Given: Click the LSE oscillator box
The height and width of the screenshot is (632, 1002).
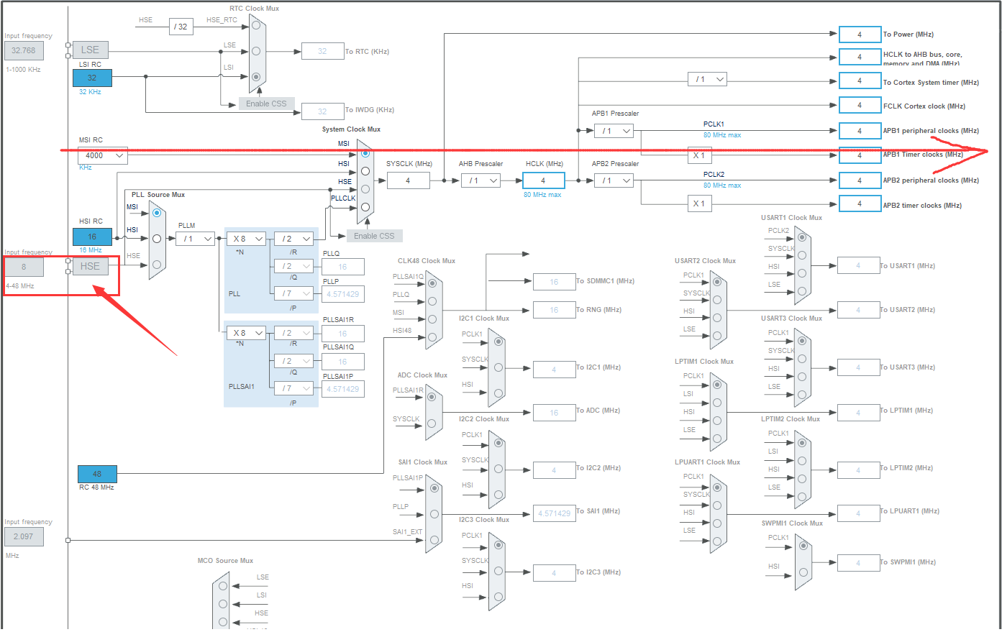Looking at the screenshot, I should [x=90, y=50].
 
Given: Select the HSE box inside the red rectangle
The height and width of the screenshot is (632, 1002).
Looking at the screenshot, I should [x=90, y=266].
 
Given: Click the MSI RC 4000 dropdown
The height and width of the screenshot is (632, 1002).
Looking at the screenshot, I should [x=102, y=155].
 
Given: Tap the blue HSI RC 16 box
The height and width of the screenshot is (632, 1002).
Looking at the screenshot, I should [x=92, y=237].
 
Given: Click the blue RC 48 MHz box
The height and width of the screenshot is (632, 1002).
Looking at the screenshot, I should [x=97, y=474].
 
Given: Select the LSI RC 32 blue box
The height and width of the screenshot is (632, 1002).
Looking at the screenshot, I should [x=92, y=78].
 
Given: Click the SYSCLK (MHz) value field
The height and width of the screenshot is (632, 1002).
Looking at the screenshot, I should [x=408, y=180].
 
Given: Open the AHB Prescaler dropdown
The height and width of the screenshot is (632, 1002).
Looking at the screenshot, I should [x=480, y=180].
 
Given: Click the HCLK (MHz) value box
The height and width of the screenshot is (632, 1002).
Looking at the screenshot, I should [x=543, y=180].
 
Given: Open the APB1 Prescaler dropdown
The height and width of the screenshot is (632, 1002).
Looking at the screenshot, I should [x=614, y=131].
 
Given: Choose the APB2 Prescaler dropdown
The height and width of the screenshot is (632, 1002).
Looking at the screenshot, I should [x=614, y=180].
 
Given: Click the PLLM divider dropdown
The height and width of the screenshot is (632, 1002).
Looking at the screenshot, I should [x=195, y=239].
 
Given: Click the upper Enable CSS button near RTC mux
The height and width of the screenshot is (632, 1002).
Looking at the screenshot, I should [x=266, y=104].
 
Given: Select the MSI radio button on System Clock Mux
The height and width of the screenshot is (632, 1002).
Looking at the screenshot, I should [x=365, y=153].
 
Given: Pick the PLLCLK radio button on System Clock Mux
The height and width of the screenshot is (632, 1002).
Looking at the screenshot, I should [x=365, y=207].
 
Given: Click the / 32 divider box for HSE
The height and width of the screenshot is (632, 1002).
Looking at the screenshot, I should [x=182, y=27].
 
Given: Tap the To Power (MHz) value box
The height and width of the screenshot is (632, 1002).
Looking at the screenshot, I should [x=859, y=35].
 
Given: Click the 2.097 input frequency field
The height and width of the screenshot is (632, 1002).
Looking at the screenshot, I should [x=24, y=536].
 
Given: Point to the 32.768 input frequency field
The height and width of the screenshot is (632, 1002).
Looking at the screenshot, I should [x=24, y=50].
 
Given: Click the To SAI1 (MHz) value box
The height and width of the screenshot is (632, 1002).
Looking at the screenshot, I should [x=554, y=513].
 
